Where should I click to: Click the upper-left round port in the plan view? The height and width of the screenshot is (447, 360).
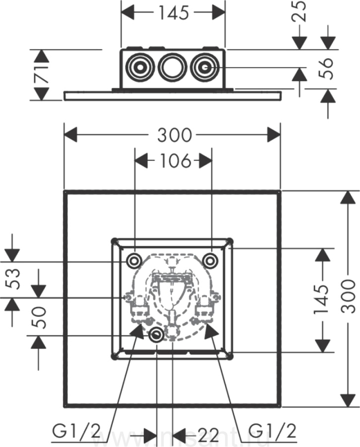point(134,260)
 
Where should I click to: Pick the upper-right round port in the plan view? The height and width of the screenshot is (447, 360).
point(211,260)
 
